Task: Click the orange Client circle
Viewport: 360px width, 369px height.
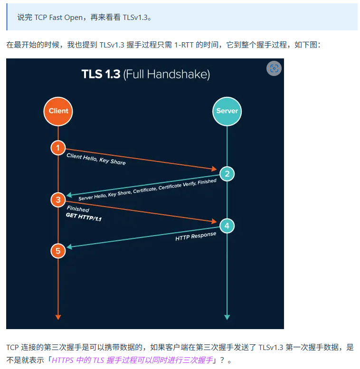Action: (58, 111)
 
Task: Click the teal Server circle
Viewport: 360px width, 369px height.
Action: (227, 111)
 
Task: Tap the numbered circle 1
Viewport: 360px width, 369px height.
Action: (58, 148)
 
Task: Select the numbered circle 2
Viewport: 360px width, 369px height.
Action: (227, 174)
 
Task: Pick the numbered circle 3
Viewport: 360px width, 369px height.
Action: (58, 200)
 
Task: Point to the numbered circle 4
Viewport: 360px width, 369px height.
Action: (227, 226)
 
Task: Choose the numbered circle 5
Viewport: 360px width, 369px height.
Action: (58, 251)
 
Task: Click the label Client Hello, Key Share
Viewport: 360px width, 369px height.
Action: (96, 159)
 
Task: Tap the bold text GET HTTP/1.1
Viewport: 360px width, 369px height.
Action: (84, 218)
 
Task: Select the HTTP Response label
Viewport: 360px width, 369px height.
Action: (196, 236)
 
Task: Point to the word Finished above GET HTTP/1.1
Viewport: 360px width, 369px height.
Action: (78, 209)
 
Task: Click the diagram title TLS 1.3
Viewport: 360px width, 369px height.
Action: (101, 75)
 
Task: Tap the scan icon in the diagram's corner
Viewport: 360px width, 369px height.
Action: (274, 68)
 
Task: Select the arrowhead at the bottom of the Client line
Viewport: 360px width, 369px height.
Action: (58, 316)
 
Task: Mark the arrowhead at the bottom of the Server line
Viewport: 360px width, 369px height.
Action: (227, 316)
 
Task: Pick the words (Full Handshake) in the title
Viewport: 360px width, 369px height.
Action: (166, 75)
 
